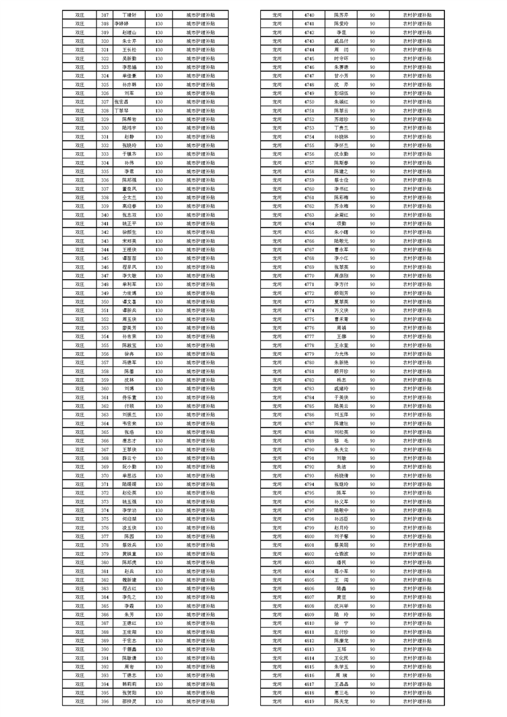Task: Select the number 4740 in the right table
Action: click(309, 14)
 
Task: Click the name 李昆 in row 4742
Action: click(341, 32)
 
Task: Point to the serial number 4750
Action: click(309, 102)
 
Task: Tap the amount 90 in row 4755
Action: click(372, 145)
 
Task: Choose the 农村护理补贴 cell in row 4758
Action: click(417, 171)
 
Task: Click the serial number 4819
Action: click(309, 701)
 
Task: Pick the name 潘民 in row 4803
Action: click(341, 562)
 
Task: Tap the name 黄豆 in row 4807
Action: click(341, 597)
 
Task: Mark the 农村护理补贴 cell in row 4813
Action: click(417, 649)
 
